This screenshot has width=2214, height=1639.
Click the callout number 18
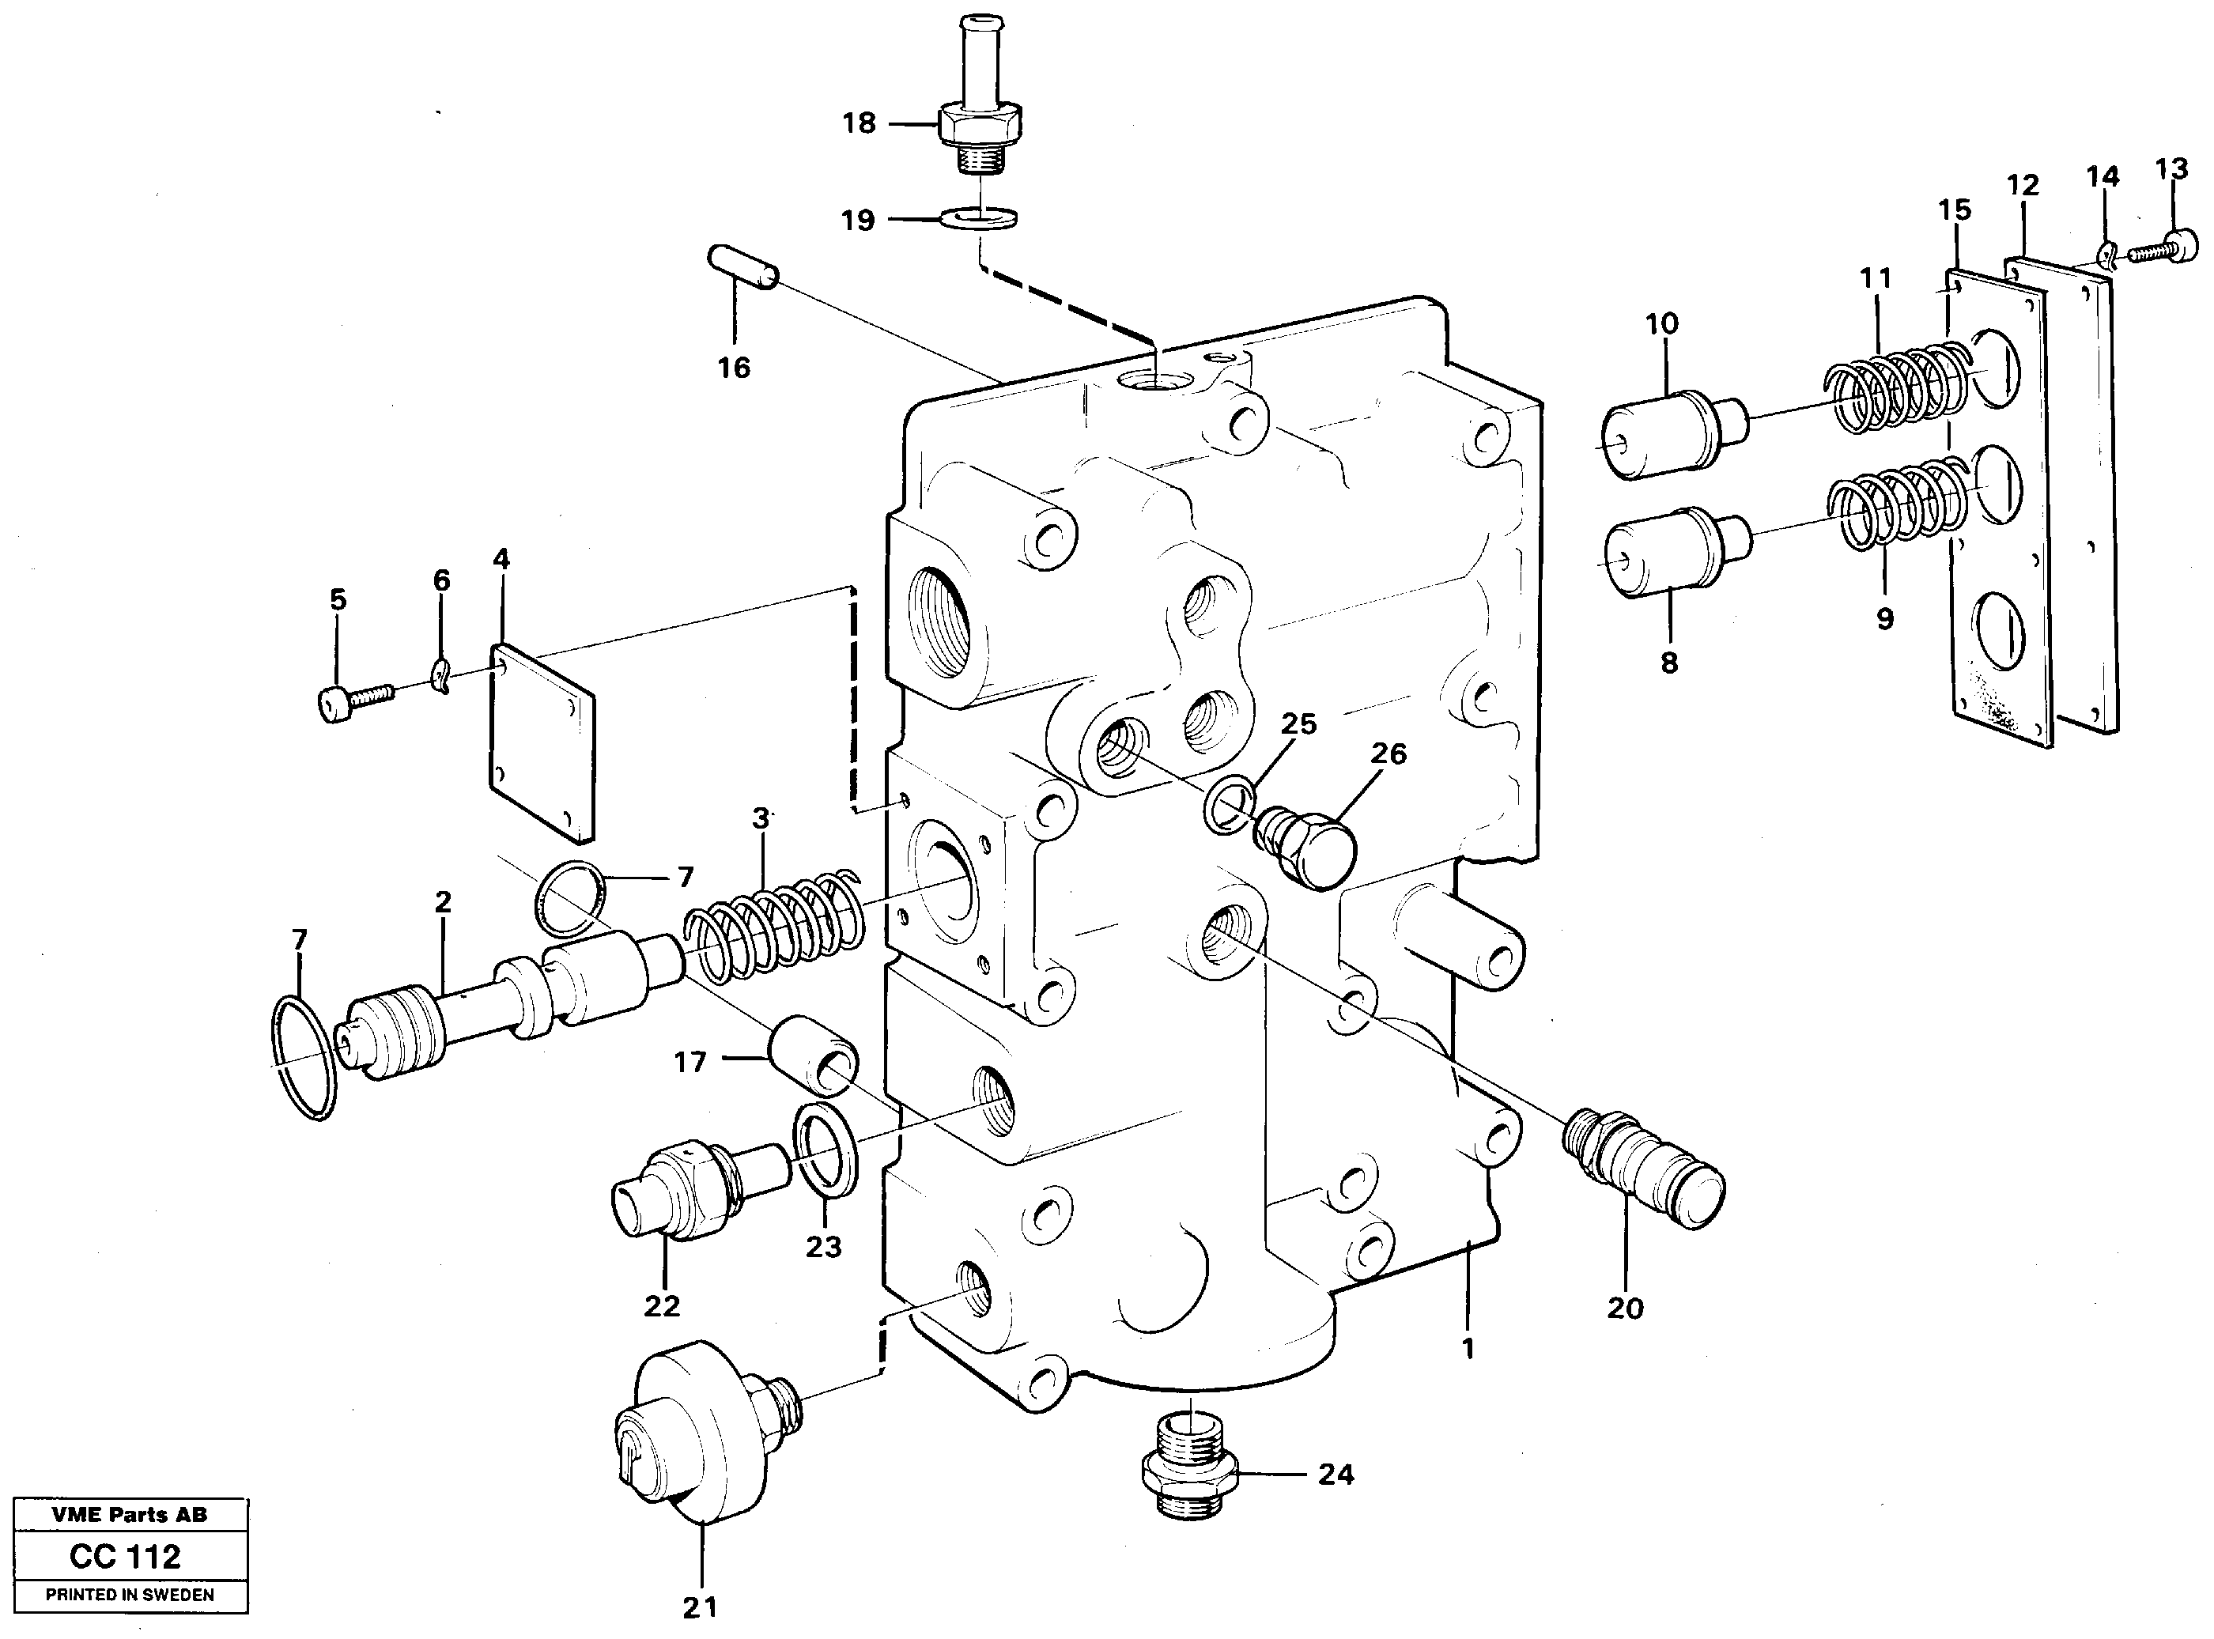pyautogui.click(x=859, y=124)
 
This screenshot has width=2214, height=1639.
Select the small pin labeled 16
pyautogui.click(x=745, y=269)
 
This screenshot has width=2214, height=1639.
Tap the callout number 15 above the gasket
pyautogui.click(x=1954, y=210)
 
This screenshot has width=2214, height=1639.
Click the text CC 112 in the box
pyautogui.click(x=125, y=1557)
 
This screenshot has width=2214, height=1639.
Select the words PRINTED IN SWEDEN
pyautogui.click(x=129, y=1595)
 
